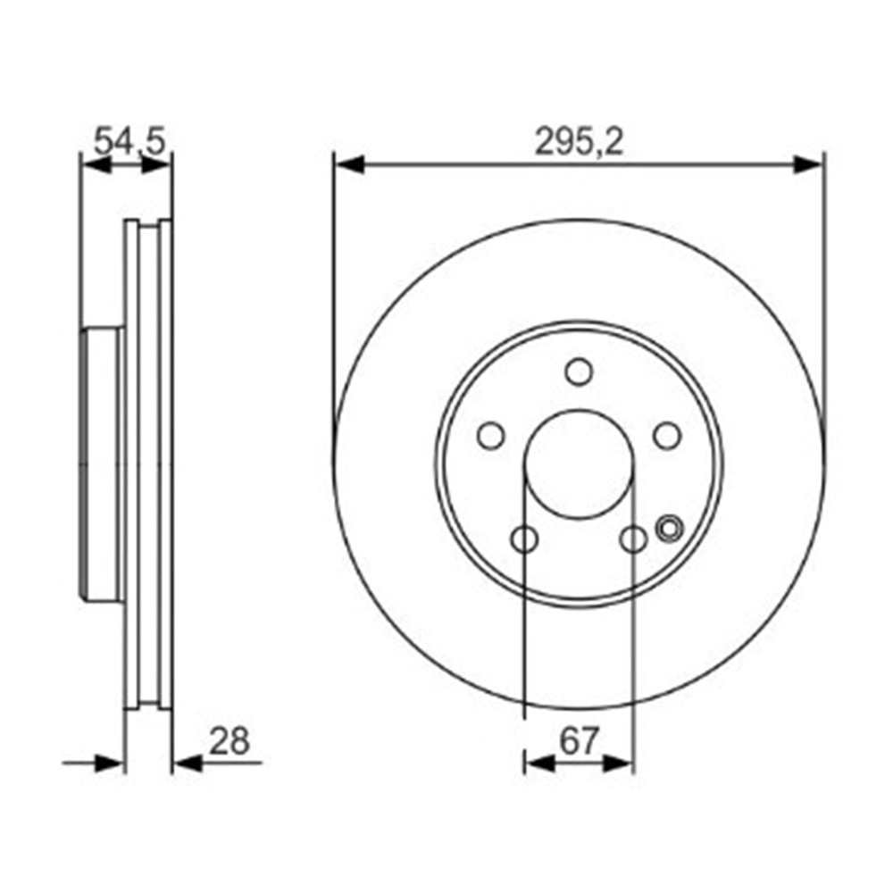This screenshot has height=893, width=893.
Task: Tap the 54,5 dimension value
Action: [131, 141]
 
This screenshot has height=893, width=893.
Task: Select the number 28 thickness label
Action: [229, 740]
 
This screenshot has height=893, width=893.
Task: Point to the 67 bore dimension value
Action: [579, 740]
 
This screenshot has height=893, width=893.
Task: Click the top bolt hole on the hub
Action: [579, 371]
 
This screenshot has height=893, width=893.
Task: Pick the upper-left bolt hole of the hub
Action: [490, 435]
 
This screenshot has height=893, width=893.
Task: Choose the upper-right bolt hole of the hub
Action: [667, 435]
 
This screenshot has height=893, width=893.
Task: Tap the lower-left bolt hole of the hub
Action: [525, 538]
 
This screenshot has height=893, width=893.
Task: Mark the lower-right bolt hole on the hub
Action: [633, 538]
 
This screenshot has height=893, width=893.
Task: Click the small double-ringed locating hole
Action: [667, 528]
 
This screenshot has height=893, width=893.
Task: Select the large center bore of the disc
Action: [579, 463]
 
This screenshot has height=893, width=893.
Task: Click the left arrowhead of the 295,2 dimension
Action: [348, 164]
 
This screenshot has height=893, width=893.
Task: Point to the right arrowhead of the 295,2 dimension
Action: [809, 164]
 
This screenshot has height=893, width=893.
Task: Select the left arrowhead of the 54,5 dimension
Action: [95, 164]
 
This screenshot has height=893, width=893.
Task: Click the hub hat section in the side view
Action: [103, 464]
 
